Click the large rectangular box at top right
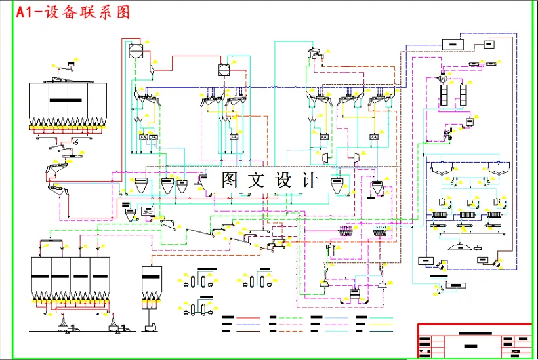click(452, 44)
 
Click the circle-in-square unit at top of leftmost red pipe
click(135, 50)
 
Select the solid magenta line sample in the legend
click(247, 324)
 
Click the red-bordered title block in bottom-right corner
click(474, 341)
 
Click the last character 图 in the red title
click(123, 12)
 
